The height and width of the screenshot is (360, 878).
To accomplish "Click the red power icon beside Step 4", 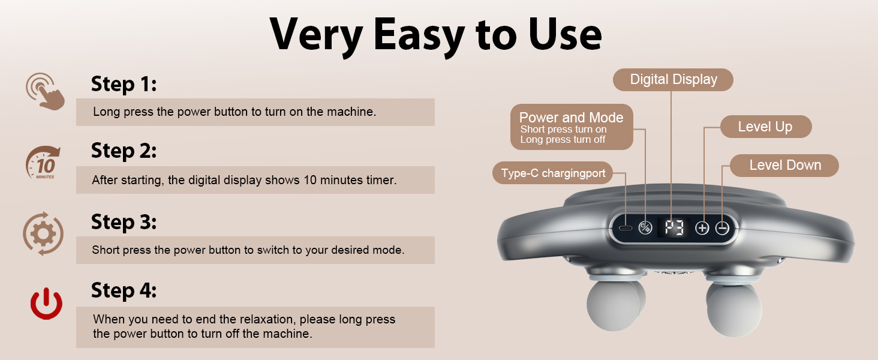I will click(46, 305).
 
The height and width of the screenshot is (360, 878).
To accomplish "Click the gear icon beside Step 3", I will click(43, 233).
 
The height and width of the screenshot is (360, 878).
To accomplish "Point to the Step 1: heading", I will click(124, 84).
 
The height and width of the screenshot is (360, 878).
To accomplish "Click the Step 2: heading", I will click(124, 151).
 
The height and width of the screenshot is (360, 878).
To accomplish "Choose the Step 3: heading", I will click(124, 222).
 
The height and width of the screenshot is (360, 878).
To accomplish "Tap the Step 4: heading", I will click(124, 291).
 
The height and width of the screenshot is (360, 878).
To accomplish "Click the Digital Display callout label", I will click(673, 80).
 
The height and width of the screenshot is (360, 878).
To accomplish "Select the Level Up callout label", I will click(765, 127).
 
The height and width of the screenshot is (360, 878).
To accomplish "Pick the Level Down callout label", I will click(784, 165).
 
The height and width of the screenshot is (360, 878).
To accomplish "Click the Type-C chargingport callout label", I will click(553, 174).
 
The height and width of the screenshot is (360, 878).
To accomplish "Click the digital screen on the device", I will click(673, 228).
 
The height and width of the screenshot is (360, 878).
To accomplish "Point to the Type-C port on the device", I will click(626, 228).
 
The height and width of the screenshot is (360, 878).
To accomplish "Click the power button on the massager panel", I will click(645, 228).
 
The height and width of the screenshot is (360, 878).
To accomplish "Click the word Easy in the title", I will click(420, 35).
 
